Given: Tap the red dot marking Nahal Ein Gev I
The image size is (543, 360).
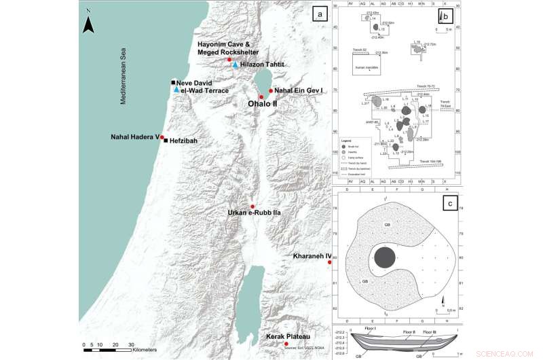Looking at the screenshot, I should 271,91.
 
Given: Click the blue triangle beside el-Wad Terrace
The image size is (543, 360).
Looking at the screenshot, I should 176,90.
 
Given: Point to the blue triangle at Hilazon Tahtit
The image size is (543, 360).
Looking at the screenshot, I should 235,65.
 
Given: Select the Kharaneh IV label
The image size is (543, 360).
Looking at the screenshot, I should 310,256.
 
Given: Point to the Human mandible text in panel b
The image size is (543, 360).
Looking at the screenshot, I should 366,69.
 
